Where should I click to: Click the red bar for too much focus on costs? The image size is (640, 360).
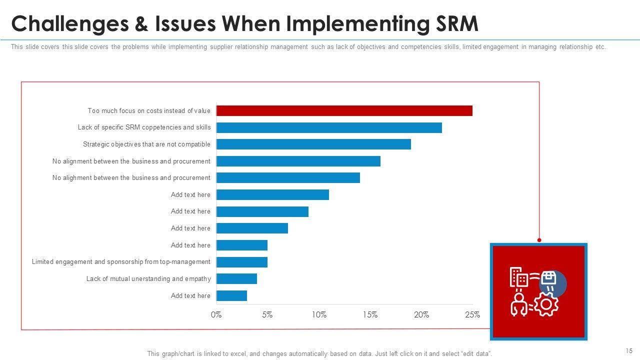pyautogui.click(x=344, y=111)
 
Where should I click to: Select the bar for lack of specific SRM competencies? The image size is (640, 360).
pyautogui.click(x=329, y=127)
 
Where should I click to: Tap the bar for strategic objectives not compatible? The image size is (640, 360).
pyautogui.click(x=313, y=144)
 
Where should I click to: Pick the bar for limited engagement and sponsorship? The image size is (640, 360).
pyautogui.click(x=242, y=262)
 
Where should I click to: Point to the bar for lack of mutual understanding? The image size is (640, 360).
pyautogui.click(x=236, y=278)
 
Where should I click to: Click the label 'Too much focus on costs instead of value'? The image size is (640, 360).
pyautogui.click(x=149, y=111)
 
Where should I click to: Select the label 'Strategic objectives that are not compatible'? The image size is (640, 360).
pyautogui.click(x=146, y=144)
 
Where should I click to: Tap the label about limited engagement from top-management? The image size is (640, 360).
pyautogui.click(x=121, y=262)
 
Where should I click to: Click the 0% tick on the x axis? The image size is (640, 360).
pyautogui.click(x=216, y=315)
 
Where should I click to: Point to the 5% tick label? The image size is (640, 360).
pyautogui.click(x=267, y=315)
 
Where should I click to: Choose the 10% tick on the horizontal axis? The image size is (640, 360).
pyautogui.click(x=319, y=315)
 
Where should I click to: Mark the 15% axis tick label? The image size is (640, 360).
pyautogui.click(x=370, y=315)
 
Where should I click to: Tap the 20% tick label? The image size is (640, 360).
pyautogui.click(x=421, y=315)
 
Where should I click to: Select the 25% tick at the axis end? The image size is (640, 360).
pyautogui.click(x=472, y=315)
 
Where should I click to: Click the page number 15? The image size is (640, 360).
pyautogui.click(x=629, y=351)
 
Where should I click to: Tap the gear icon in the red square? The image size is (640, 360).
pyautogui.click(x=546, y=305)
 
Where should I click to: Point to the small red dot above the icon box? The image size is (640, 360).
pyautogui.click(x=539, y=240)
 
